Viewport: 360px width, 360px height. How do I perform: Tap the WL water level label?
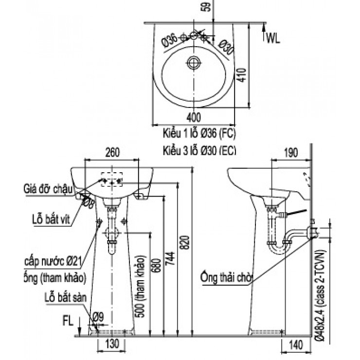point(272,38)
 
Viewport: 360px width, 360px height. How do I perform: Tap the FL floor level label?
point(69,322)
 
